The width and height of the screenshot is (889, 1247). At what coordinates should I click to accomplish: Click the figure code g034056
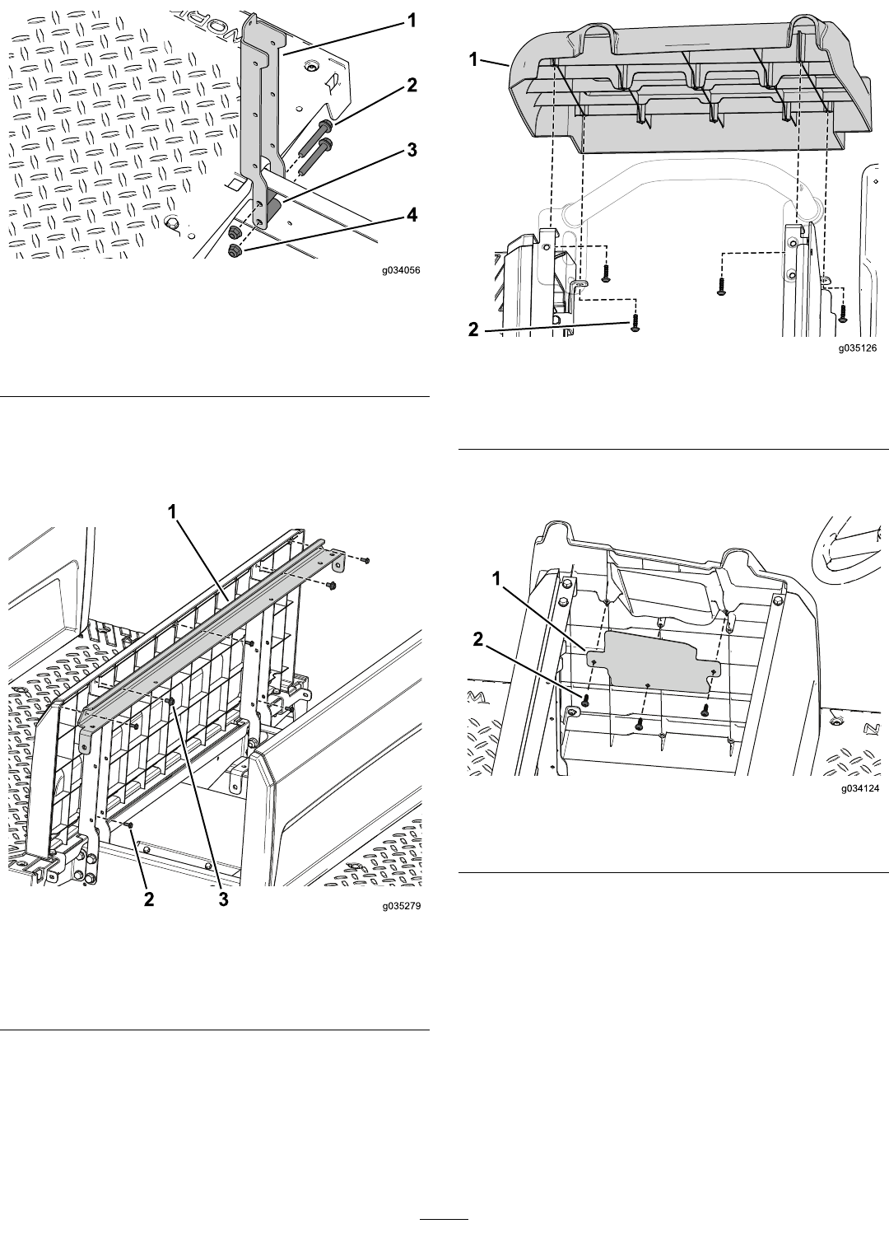[x=401, y=270]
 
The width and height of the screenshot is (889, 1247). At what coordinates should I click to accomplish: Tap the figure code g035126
[x=859, y=348]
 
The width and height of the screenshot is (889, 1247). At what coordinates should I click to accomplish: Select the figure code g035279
[x=401, y=906]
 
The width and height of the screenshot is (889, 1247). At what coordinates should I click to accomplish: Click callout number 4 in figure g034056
[x=411, y=214]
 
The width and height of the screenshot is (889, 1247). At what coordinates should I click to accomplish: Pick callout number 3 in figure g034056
[x=412, y=149]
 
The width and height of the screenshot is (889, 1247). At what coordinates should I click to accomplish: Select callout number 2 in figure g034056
[x=412, y=85]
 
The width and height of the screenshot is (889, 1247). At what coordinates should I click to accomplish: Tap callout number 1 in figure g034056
[x=411, y=21]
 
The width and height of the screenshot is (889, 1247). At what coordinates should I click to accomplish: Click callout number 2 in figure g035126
[x=473, y=329]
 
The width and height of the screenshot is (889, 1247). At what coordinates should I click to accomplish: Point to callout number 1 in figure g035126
[x=473, y=59]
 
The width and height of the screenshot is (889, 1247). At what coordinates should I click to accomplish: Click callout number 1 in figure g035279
[x=173, y=511]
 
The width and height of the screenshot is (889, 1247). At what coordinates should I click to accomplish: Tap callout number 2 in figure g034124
[x=478, y=640]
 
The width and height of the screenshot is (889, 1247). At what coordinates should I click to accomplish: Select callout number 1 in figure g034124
[x=497, y=580]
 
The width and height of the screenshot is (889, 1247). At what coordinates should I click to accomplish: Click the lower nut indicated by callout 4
[x=233, y=252]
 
